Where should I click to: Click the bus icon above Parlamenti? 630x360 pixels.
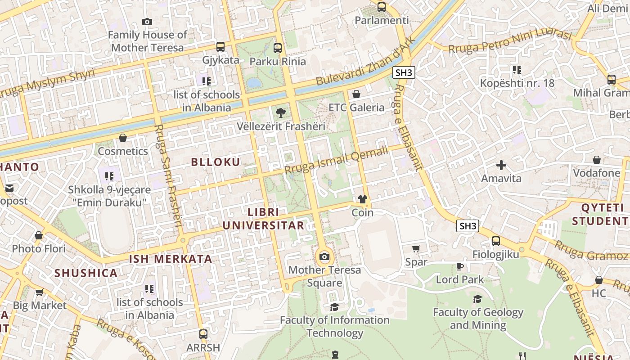tap(382, 7)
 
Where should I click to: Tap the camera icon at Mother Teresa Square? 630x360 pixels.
tap(324, 257)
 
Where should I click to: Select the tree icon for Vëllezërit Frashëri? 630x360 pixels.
tap(281, 112)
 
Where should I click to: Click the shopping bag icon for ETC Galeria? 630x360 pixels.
tap(356, 94)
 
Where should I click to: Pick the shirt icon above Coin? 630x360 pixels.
tap(363, 199)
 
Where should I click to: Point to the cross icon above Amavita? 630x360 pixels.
tap(501, 165)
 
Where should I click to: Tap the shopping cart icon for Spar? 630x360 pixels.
tap(416, 248)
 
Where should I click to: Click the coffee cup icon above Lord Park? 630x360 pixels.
tap(459, 266)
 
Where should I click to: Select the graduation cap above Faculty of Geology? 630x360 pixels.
tap(477, 299)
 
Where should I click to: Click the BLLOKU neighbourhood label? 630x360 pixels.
tap(216, 162)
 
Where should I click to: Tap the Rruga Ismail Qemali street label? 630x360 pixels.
tap(336, 160)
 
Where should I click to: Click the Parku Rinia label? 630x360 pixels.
tap(278, 61)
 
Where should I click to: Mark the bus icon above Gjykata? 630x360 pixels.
tap(220, 46)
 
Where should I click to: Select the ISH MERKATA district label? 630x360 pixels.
tap(171, 259)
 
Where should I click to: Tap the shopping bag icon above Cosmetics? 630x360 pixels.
tap(123, 138)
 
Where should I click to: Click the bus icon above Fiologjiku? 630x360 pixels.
tap(495, 241)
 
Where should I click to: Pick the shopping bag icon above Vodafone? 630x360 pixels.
tap(596, 160)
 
